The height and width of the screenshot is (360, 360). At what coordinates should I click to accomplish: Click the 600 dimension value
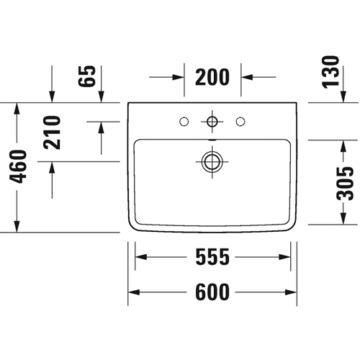pyautogui.click(x=212, y=292)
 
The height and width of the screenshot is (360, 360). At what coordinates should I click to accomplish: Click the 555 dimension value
pyautogui.click(x=212, y=257)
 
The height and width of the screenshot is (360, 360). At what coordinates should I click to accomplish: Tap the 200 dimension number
pyautogui.click(x=212, y=77)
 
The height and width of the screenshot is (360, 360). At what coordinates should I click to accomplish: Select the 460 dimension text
pyautogui.click(x=17, y=166)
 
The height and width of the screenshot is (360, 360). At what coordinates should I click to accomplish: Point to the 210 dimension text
pyautogui.click(x=52, y=132)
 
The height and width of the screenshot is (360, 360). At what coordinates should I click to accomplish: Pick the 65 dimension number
pyautogui.click(x=87, y=76)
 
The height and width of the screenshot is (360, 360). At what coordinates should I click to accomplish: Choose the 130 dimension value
pyautogui.click(x=330, y=72)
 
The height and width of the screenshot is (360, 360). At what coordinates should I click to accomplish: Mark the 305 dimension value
pyautogui.click(x=345, y=184)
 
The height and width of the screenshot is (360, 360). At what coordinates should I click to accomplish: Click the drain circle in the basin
pyautogui.click(x=212, y=161)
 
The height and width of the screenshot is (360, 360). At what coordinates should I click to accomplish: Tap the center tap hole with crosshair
pyautogui.click(x=212, y=122)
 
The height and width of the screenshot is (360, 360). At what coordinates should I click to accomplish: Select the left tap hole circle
pyautogui.click(x=184, y=122)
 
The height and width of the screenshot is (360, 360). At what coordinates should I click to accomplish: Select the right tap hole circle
pyautogui.click(x=240, y=122)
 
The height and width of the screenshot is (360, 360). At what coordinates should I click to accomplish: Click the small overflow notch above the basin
pyautogui.click(x=212, y=140)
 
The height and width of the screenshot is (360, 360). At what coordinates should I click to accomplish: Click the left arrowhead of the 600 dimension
pyautogui.click(x=134, y=292)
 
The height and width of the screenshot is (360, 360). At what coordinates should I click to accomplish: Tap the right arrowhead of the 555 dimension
pyautogui.click(x=284, y=257)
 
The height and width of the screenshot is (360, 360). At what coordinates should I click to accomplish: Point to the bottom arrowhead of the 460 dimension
pyautogui.click(x=17, y=227)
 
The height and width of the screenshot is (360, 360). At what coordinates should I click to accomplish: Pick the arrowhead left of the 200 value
pyautogui.click(x=179, y=77)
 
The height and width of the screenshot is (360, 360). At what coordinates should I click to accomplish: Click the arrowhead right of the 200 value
pyautogui.click(x=247, y=77)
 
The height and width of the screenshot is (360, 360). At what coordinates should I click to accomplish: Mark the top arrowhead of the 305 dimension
pyautogui.click(x=343, y=146)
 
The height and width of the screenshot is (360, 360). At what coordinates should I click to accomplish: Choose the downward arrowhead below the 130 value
pyautogui.click(x=343, y=96)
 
